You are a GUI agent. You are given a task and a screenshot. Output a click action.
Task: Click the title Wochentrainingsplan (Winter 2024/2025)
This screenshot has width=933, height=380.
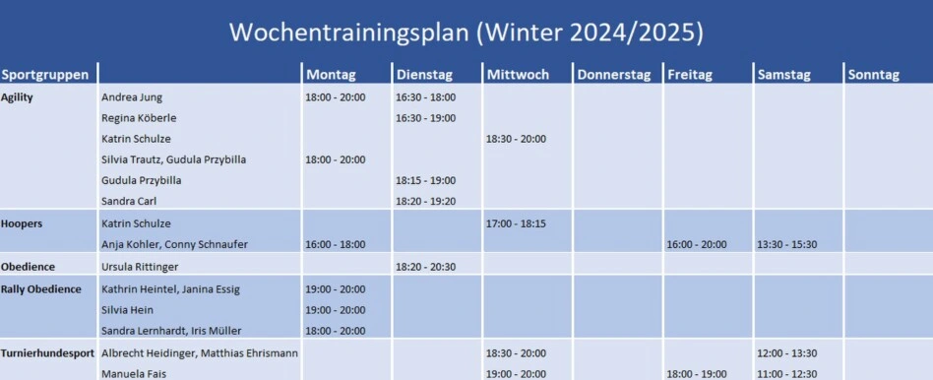coord(466,32)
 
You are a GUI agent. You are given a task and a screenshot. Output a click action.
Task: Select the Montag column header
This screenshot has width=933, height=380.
coord(331,75)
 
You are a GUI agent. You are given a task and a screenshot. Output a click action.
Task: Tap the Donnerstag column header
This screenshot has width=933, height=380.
coord(613,75)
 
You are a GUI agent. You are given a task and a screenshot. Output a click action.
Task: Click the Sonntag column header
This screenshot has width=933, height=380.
coord(873,75)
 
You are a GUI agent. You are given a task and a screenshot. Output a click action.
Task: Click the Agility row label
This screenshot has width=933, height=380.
coord(17,97)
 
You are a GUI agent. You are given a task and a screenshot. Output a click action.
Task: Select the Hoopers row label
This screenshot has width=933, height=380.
coord(22,223)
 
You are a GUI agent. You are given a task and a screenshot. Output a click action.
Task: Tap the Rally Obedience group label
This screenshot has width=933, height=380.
coord(41,289)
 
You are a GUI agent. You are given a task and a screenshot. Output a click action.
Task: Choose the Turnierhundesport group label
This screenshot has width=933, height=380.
coord(47,353)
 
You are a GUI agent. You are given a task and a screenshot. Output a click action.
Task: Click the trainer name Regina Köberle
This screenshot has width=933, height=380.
coord(139,118)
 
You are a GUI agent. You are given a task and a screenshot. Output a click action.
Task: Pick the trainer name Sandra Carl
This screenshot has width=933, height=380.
coord(129,201)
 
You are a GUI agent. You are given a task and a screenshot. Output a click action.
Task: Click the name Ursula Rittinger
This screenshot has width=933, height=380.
coord(139,267)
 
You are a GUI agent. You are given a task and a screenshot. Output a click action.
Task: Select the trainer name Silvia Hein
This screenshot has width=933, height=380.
coord(127,310)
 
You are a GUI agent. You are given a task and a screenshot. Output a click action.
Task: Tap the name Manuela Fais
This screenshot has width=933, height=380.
coord(133,374)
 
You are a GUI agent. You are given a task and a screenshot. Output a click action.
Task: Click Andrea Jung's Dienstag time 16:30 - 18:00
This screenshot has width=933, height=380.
coord(426,97)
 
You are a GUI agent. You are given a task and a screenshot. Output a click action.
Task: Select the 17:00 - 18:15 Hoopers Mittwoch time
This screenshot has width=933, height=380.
coord(516,223)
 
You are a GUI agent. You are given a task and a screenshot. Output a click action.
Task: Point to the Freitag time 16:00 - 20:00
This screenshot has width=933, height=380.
coord(697,245)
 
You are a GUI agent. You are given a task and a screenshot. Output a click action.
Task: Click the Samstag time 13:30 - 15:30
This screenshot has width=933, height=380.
coord(787,245)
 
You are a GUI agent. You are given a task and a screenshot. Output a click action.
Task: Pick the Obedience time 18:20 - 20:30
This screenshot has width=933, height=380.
coord(426,267)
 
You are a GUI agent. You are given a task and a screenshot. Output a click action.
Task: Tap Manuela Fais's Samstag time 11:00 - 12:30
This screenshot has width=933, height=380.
coord(787,374)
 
